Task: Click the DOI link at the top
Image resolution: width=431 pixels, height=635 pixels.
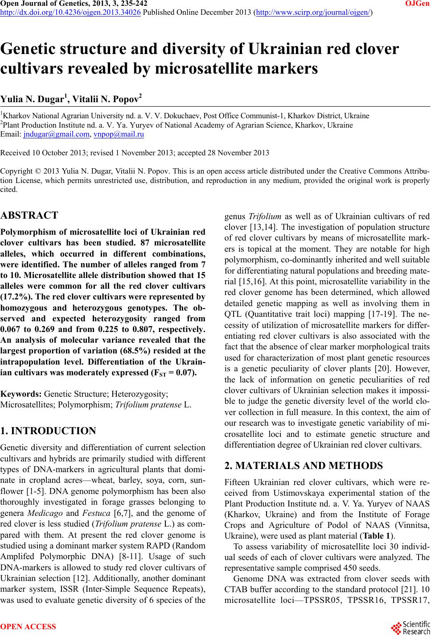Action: pos(70,12)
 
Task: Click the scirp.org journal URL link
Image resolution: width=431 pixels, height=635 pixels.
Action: pos(312,12)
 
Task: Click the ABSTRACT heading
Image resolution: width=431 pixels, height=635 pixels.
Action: pos(29,216)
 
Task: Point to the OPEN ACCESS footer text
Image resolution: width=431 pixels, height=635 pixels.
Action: pos(29,627)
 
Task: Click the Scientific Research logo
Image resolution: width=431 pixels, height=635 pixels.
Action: pos(410,626)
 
